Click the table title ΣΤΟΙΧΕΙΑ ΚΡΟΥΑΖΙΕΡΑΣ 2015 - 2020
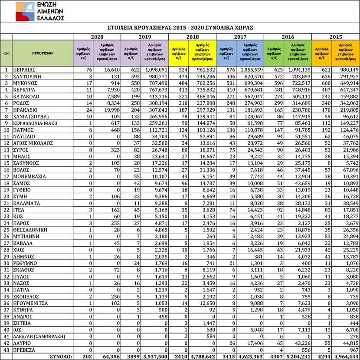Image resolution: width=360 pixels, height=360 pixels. coord(180,27)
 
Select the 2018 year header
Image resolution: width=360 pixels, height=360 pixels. coord(192,37)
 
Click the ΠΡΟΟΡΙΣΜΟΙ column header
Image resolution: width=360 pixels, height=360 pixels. coord(43,53)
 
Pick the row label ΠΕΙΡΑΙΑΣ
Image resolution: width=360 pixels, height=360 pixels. coord(26,69)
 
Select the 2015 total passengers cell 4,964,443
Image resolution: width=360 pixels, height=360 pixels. coord(344,356)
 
